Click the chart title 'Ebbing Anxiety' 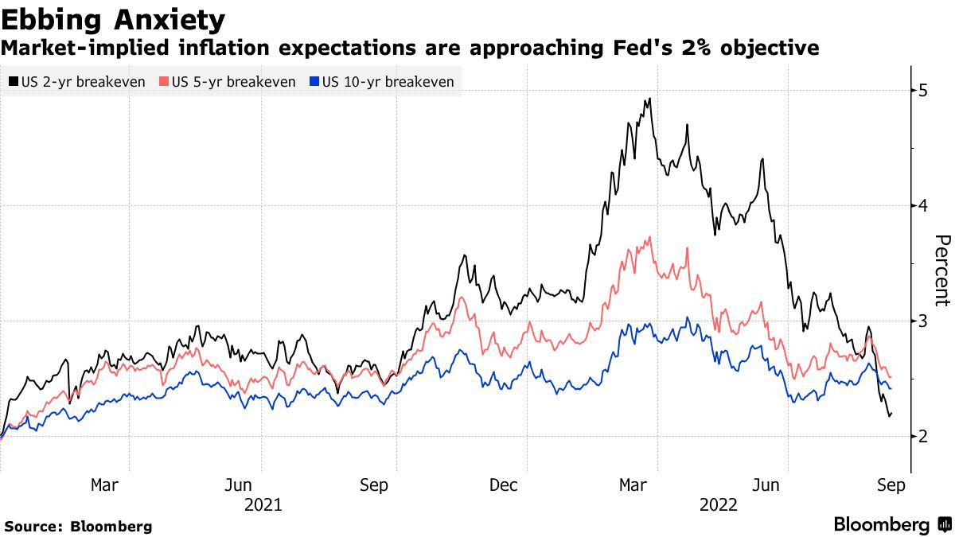tap(112, 18)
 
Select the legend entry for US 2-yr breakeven tap(76, 82)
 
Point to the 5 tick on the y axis tap(923, 91)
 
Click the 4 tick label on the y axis tap(923, 206)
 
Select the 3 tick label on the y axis tap(923, 321)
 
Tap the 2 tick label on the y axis tap(923, 436)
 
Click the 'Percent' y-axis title tap(941, 270)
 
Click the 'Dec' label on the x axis tap(503, 485)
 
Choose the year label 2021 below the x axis tap(263, 504)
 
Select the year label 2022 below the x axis tap(719, 504)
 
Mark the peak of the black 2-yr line tap(650, 99)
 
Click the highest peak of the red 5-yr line tap(651, 237)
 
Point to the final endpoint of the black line tap(891, 413)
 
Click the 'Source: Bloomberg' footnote tap(78, 526)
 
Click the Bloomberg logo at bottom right tap(891, 525)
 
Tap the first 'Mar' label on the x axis tap(104, 485)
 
